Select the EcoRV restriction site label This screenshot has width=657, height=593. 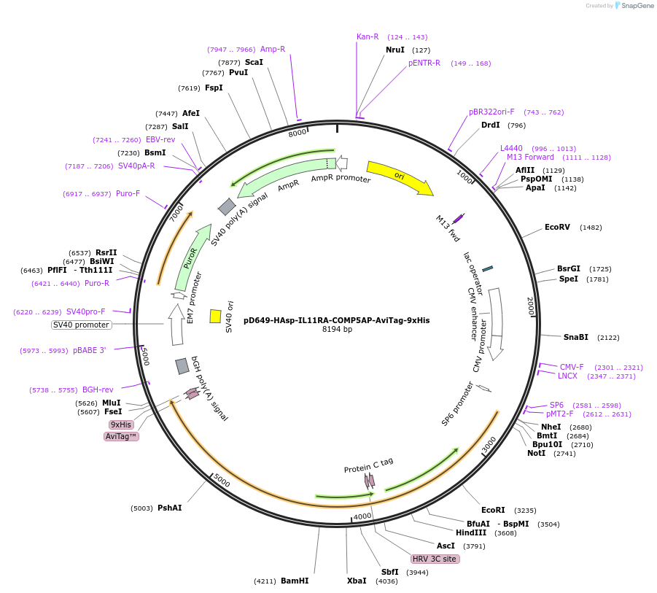pos(557,228)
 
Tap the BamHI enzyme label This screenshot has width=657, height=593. pos(295,581)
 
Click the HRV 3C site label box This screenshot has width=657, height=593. pos(434,559)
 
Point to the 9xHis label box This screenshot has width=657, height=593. pos(121,425)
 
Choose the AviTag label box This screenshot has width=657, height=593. pos(121,436)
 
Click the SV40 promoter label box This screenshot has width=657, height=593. pos(81,325)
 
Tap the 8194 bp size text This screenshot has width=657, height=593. pos(337,330)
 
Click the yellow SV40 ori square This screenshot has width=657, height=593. pos(215,316)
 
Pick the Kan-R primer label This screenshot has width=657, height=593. pos(368,36)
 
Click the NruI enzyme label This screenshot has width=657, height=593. pos(394,50)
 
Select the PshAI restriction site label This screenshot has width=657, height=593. pos(170,508)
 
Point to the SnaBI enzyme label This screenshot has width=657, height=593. pos(576,337)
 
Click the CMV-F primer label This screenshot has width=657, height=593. pos(572,367)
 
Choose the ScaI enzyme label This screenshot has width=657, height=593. pos(254,62)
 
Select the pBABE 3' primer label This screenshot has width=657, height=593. pos(90,350)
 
